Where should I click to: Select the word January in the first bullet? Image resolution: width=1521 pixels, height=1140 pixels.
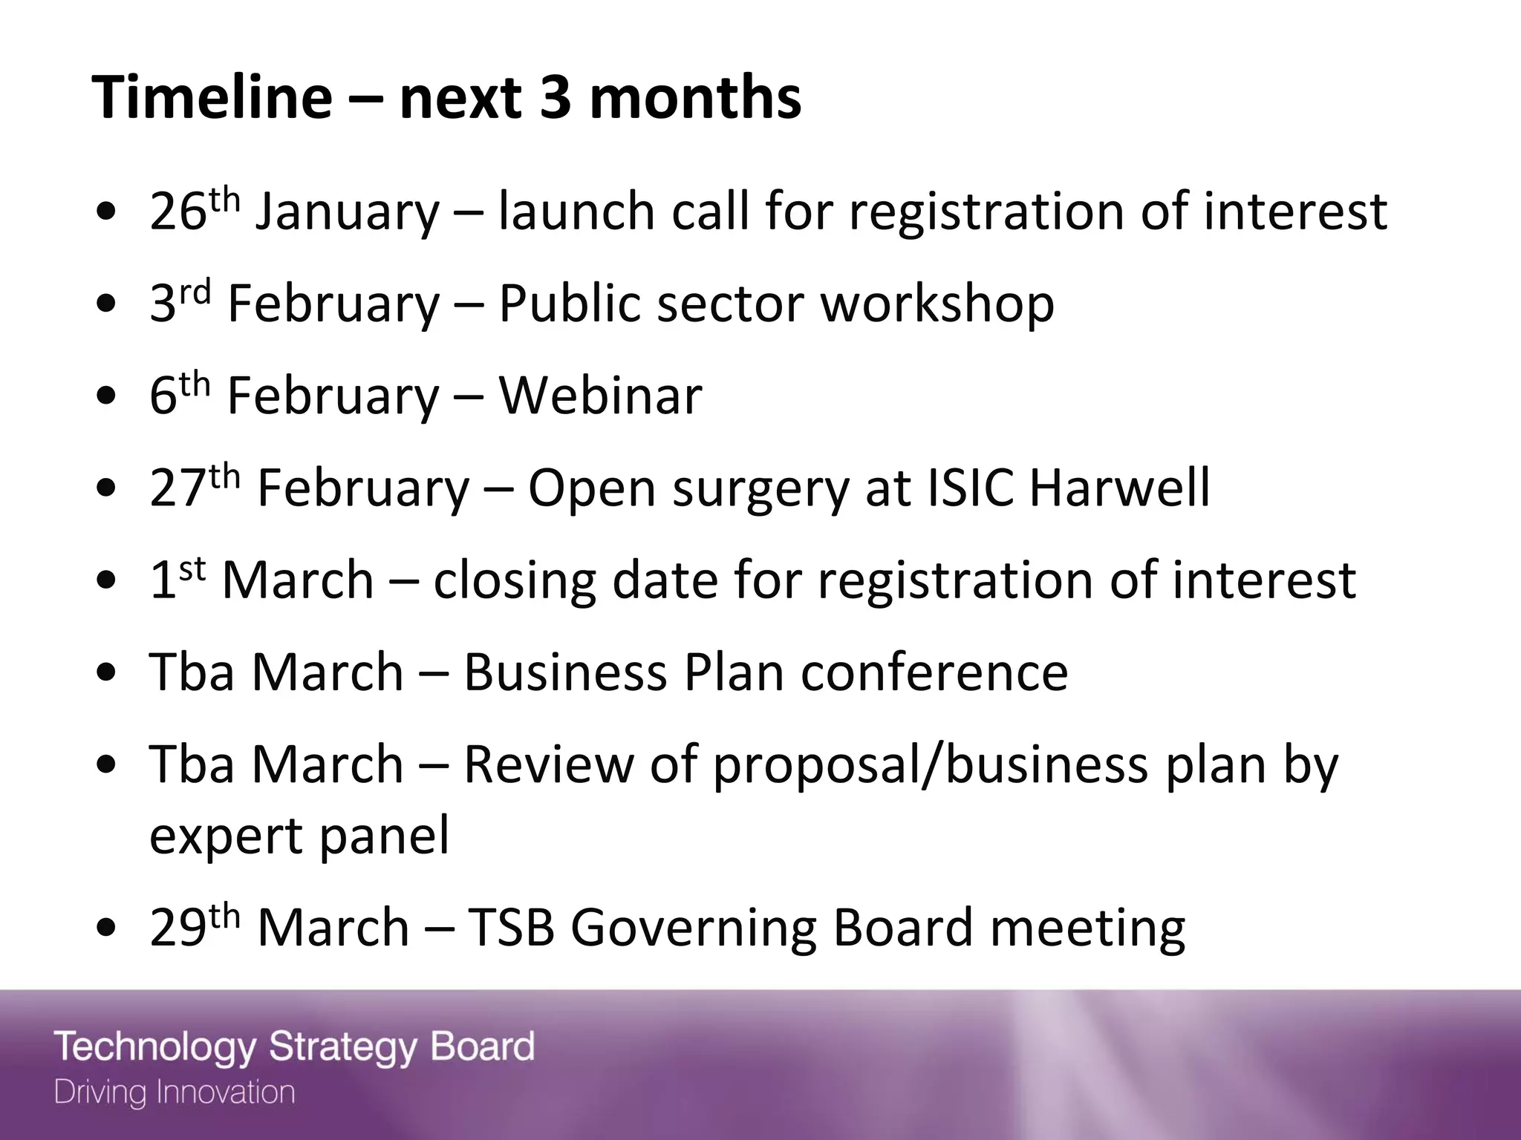coord(348,213)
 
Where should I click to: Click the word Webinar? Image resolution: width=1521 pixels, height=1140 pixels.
coord(600,396)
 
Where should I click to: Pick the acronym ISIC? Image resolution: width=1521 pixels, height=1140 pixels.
coord(971,488)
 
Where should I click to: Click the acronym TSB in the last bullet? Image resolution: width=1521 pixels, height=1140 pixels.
coord(512,928)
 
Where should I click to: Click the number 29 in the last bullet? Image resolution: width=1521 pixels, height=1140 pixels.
coord(177,928)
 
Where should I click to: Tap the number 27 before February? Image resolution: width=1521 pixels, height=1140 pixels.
coord(177,488)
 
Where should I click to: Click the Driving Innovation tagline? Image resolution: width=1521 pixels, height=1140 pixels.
coord(175,1092)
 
